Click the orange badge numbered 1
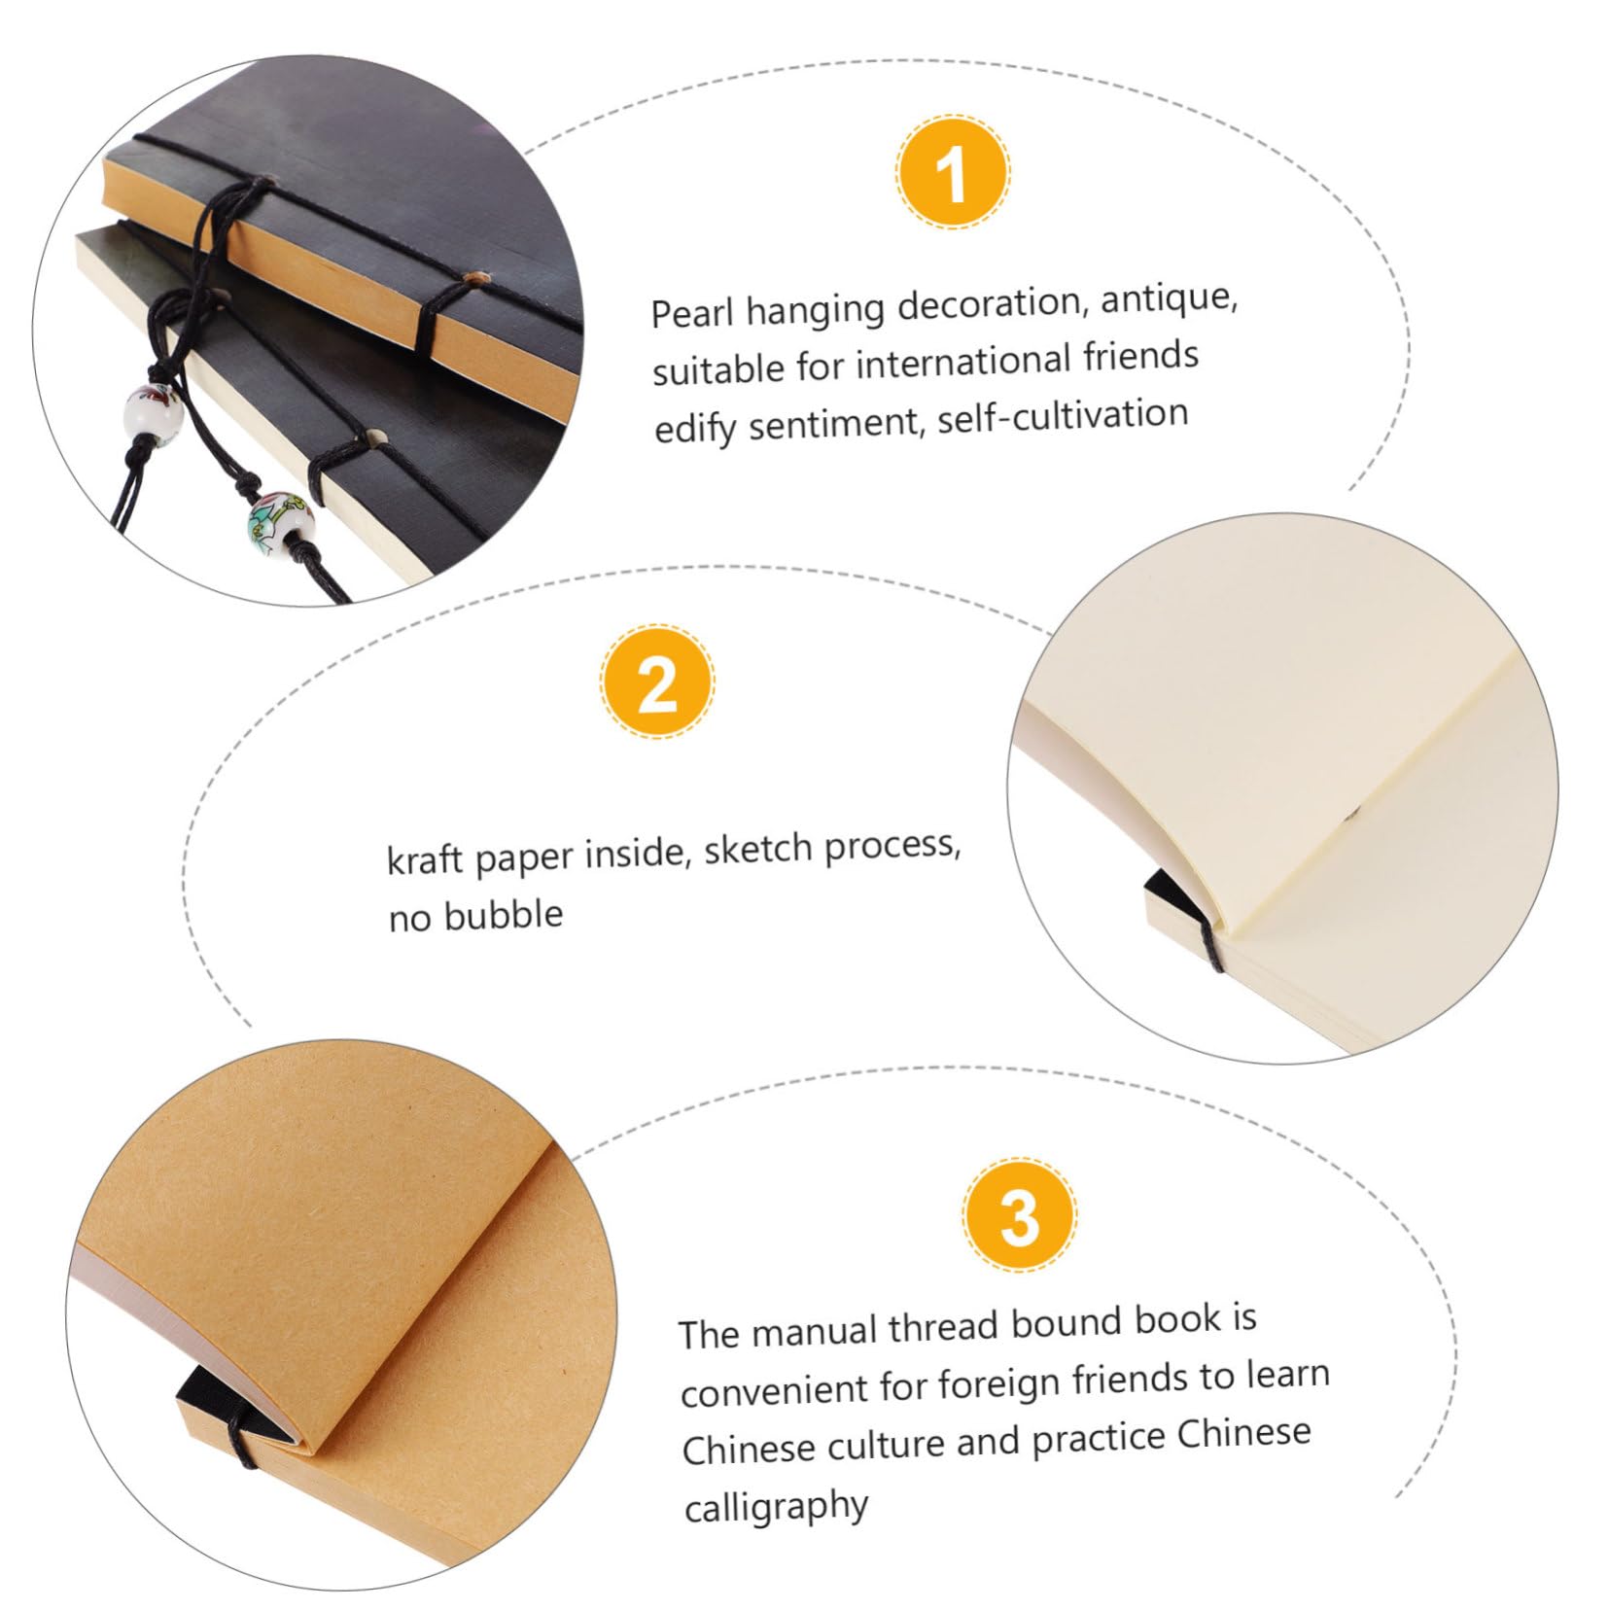click(x=952, y=175)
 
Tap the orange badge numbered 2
click(x=657, y=684)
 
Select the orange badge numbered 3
click(x=1020, y=1215)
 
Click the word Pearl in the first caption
click(x=693, y=313)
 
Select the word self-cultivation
click(x=1062, y=416)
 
